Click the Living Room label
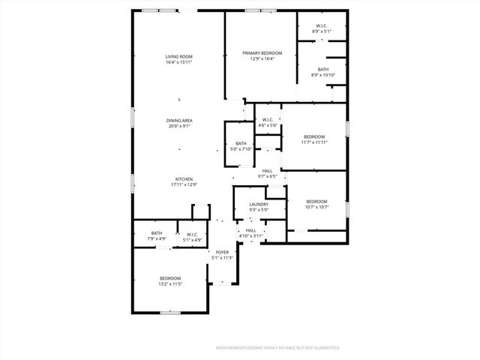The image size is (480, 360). tap(179, 57)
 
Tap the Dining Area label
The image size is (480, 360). tap(179, 121)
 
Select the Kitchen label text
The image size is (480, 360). tap(184, 179)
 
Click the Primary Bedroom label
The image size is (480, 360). tap(262, 53)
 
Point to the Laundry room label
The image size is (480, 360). tap(259, 203)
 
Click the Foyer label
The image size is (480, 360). tap(222, 252)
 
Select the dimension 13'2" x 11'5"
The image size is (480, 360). tap(169, 284)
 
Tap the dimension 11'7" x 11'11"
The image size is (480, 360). tap(313, 142)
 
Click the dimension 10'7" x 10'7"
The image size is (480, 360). tap(316, 207)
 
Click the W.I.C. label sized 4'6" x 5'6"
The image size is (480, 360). tap(268, 120)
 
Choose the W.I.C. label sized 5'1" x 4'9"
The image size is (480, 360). tap(191, 233)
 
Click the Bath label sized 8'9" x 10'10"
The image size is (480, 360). tap(322, 69)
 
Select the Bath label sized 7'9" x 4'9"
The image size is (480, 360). tap(157, 233)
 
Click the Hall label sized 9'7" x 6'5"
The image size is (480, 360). tap(267, 171)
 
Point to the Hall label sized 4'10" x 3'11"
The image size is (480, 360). tap(251, 230)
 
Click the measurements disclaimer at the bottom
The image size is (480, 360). tap(277, 348)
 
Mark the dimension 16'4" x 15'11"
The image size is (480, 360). tap(179, 62)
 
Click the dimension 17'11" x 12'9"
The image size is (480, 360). tap(184, 184)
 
